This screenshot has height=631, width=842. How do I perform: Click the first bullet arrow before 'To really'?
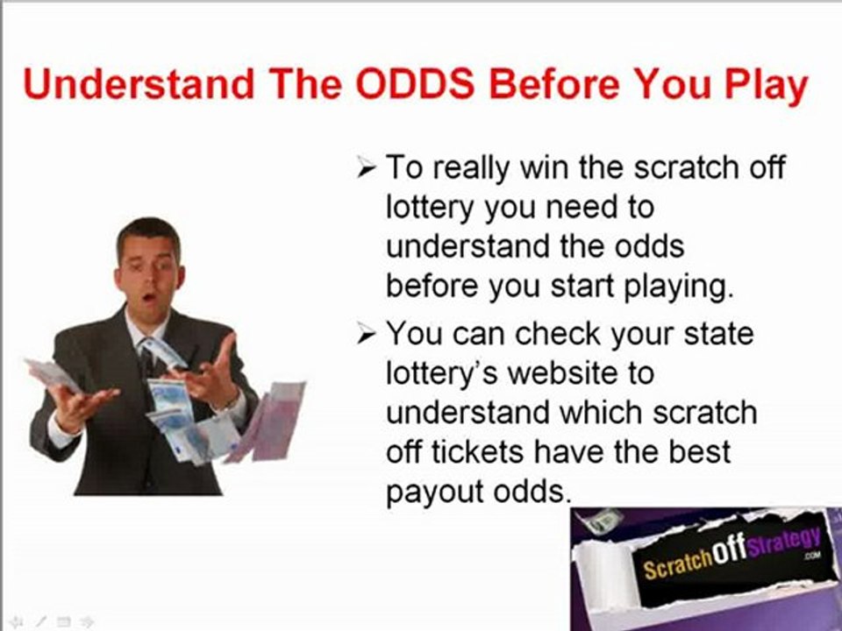[x=367, y=167]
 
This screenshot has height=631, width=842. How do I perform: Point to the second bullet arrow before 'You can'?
[x=367, y=335]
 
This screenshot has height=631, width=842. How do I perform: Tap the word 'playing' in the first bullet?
[x=667, y=286]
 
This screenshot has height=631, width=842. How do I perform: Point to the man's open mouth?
[x=149, y=298]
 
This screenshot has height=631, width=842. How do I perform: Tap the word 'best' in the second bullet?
[x=698, y=452]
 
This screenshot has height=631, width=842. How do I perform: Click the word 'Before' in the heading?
[x=555, y=85]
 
